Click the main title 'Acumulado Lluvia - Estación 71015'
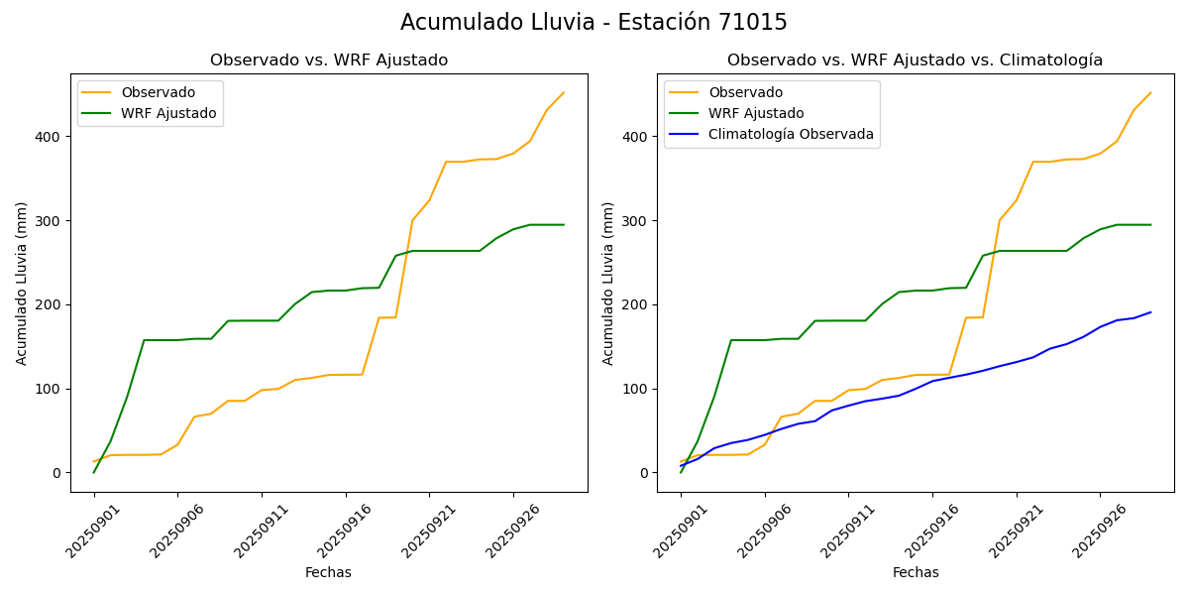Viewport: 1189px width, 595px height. click(x=594, y=23)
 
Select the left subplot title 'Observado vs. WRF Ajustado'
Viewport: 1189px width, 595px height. click(x=329, y=60)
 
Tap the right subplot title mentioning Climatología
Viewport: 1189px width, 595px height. click(x=915, y=60)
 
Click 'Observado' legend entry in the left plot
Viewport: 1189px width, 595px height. click(x=158, y=93)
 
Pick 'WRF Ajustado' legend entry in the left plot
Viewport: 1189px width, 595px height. click(x=168, y=113)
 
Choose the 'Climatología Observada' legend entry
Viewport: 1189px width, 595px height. click(x=791, y=134)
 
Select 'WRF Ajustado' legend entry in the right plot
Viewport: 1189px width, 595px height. click(x=756, y=113)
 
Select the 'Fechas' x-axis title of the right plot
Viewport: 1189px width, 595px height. click(x=916, y=572)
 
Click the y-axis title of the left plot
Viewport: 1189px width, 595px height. click(x=22, y=283)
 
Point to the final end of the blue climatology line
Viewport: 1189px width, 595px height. click(x=1150, y=312)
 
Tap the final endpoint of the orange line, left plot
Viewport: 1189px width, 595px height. click(x=564, y=93)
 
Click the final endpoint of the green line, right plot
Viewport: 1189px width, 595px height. click(x=1150, y=224)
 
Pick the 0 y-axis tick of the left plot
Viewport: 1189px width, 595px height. click(x=56, y=473)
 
